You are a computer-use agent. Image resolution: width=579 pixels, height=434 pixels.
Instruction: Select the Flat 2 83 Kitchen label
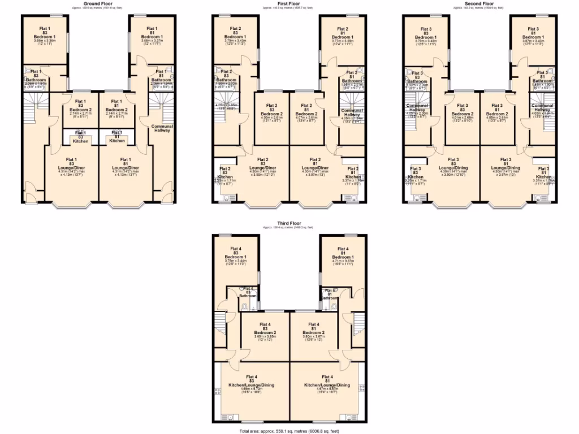click(225, 176)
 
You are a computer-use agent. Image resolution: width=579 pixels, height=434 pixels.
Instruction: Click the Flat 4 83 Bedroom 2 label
click(265, 331)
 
